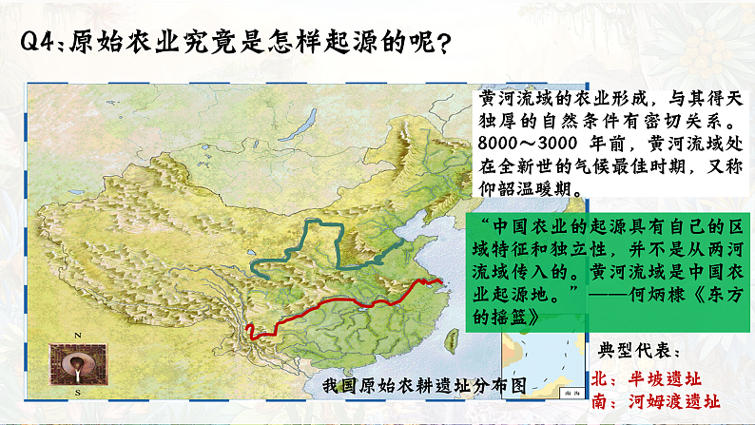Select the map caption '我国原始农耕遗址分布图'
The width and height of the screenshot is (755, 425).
coord(423,385)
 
